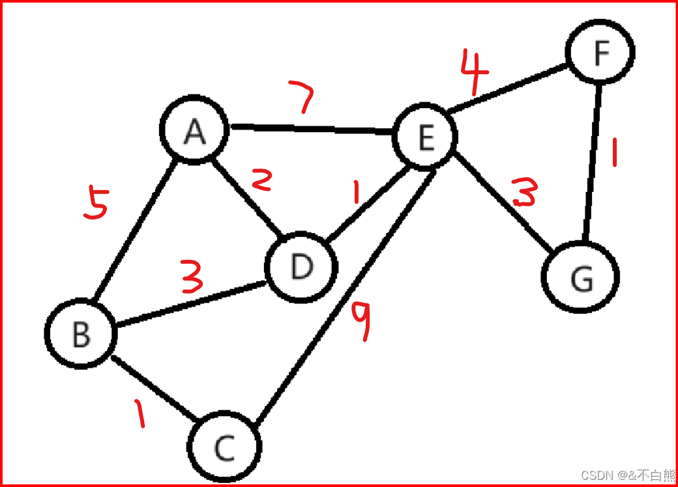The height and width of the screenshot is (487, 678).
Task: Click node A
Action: [x=194, y=132]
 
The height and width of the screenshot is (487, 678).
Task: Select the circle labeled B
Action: [x=81, y=333]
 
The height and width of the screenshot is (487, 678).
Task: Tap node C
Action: [x=225, y=447]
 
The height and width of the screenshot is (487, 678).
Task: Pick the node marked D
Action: [x=301, y=266]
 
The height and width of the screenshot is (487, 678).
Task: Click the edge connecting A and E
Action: [x=310, y=130]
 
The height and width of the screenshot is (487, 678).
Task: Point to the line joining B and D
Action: [x=189, y=303]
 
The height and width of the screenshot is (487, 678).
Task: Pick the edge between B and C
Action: [x=153, y=386]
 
